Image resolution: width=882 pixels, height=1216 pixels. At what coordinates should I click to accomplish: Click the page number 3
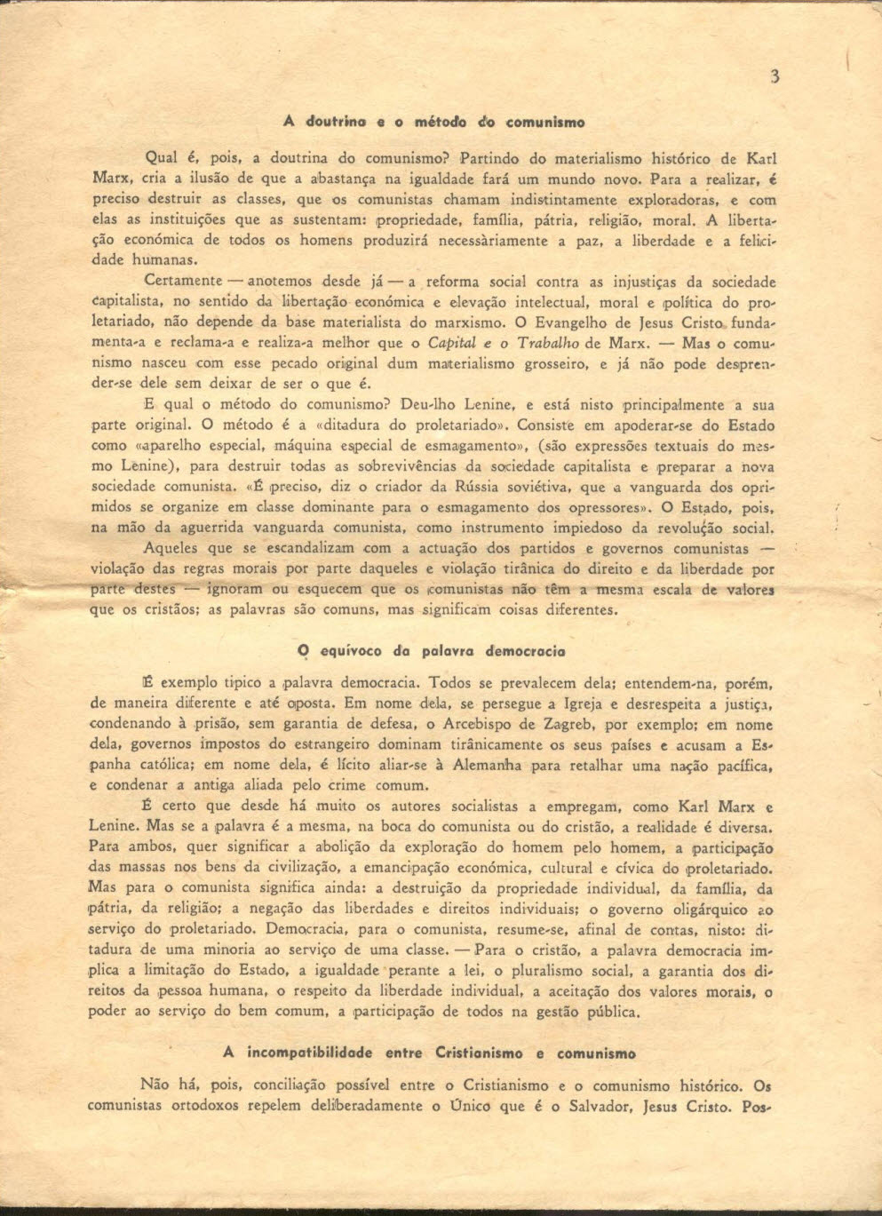tap(775, 76)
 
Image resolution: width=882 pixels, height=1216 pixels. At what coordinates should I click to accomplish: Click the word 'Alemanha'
tap(490, 764)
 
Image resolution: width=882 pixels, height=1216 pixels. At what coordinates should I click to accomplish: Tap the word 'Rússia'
tap(473, 487)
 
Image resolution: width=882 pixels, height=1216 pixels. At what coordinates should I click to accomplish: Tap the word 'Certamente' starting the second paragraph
tap(182, 282)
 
